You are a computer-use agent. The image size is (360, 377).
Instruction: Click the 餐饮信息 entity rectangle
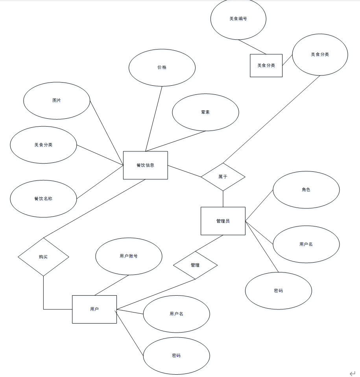click(145, 165)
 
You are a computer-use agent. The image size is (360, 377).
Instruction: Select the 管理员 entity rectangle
click(223, 221)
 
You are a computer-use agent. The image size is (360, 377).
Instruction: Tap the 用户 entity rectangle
click(94, 309)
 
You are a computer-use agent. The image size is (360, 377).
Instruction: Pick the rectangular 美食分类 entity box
click(266, 65)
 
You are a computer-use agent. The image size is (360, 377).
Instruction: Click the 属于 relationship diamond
click(223, 177)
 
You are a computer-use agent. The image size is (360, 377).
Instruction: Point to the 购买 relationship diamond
click(43, 257)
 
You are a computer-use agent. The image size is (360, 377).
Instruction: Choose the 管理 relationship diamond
click(195, 265)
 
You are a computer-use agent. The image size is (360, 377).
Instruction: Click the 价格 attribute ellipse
click(162, 67)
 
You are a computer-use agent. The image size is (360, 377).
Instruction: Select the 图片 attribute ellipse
click(57, 100)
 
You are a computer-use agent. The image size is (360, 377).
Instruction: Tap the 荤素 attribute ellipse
click(205, 112)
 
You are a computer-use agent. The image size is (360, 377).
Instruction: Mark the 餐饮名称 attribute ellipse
click(43, 199)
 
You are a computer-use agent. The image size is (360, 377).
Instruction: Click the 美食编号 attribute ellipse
click(238, 18)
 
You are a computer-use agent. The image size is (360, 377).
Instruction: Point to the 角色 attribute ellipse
click(306, 189)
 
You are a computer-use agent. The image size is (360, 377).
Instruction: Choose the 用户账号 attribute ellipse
click(129, 256)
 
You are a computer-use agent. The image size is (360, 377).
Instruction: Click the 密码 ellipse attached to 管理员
click(278, 291)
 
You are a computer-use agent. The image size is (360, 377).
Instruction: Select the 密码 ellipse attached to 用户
click(176, 355)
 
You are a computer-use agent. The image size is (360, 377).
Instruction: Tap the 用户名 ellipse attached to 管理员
click(306, 244)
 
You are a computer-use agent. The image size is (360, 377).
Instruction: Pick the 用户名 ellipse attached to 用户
click(176, 314)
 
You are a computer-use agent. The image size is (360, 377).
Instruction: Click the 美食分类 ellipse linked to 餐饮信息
click(43, 145)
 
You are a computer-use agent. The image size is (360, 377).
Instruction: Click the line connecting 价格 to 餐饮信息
click(154, 118)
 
